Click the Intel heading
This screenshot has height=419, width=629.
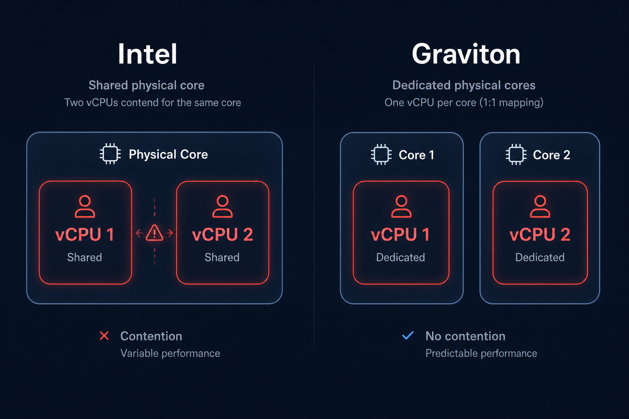tap(148, 54)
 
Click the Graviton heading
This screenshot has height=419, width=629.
tap(466, 54)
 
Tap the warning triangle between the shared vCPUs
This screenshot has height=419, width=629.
tap(154, 233)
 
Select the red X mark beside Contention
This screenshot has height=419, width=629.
tap(104, 336)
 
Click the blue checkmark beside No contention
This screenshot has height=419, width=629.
tap(408, 336)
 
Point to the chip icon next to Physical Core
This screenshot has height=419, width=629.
tap(110, 154)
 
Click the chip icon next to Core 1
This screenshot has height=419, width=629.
tap(381, 155)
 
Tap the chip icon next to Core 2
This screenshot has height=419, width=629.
tap(516, 155)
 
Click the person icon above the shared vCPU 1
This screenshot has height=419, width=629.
tap(85, 207)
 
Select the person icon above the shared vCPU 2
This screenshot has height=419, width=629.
tap(222, 207)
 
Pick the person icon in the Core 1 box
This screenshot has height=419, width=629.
tap(401, 207)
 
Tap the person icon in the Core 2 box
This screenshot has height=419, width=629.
tap(540, 207)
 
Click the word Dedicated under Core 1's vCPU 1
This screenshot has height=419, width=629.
tap(400, 257)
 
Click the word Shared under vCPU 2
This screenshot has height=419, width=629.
tap(222, 257)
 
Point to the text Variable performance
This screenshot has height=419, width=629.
tap(170, 354)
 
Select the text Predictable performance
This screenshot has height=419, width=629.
tap(481, 354)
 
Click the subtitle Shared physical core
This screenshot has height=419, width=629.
tap(147, 86)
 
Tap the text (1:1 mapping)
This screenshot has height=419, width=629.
tap(511, 102)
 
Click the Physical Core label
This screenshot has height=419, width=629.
tap(168, 154)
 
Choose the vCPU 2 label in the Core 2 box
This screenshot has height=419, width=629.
tap(540, 234)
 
